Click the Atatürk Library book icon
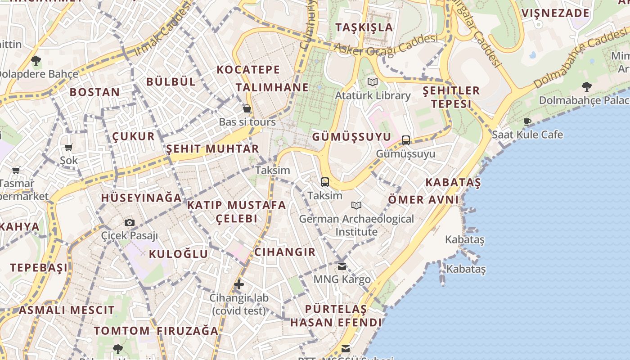pyautogui.click(x=373, y=82)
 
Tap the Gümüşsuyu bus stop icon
pyautogui.click(x=406, y=140)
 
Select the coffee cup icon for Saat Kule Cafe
pyautogui.click(x=527, y=121)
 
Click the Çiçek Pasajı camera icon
pyautogui.click(x=130, y=222)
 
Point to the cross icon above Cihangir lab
pyautogui.click(x=239, y=284)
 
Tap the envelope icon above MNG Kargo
pyautogui.click(x=342, y=266)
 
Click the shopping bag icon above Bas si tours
pyautogui.click(x=247, y=108)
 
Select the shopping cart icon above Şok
pyautogui.click(x=69, y=147)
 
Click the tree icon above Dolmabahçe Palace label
pyautogui.click(x=586, y=86)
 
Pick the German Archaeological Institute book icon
pyautogui.click(x=356, y=206)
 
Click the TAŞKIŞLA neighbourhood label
pyautogui.click(x=364, y=27)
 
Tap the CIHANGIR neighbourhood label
pyautogui.click(x=285, y=252)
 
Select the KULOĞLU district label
pyautogui.click(x=179, y=254)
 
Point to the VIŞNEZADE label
pyautogui.click(x=555, y=13)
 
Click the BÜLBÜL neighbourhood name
pyautogui.click(x=171, y=81)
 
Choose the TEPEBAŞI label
pyautogui.click(x=39, y=267)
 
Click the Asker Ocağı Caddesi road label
pyautogui.click(x=386, y=46)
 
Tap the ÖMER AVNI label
pyautogui.click(x=423, y=199)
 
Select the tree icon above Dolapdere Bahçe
pyautogui.click(x=36, y=60)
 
